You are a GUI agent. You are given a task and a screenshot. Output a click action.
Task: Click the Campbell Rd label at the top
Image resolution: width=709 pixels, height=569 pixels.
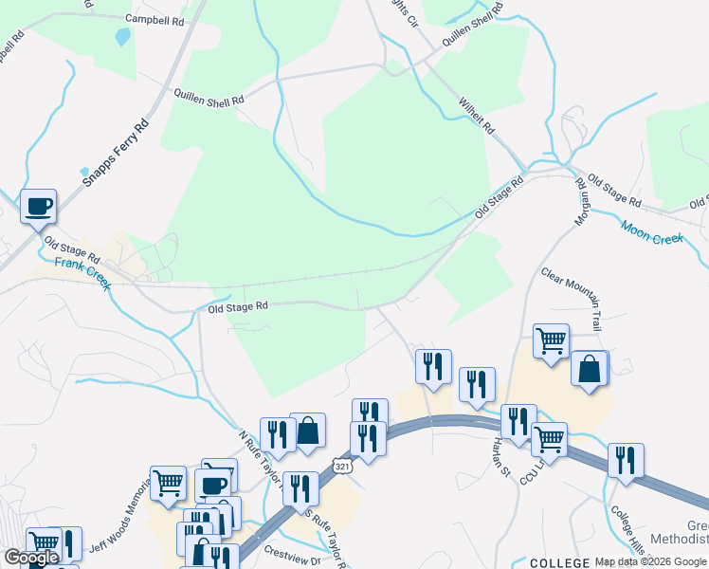click(x=155, y=18)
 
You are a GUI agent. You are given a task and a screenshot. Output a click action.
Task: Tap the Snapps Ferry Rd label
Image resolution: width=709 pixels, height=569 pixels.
click(x=117, y=153)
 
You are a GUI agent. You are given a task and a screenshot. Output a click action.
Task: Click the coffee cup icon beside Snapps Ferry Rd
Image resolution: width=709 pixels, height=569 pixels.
click(x=38, y=206)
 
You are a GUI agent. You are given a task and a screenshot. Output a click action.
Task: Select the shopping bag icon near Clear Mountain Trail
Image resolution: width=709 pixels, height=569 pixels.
click(x=590, y=368)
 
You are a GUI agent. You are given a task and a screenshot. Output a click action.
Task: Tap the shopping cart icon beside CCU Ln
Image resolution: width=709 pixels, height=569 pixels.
click(x=550, y=439)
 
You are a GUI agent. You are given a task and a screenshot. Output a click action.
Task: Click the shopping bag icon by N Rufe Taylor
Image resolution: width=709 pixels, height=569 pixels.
click(x=307, y=431)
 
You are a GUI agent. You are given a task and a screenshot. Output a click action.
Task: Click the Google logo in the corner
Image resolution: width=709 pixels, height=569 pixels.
click(x=31, y=558)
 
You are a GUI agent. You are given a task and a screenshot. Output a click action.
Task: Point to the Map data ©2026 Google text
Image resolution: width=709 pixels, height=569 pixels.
click(x=651, y=561)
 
